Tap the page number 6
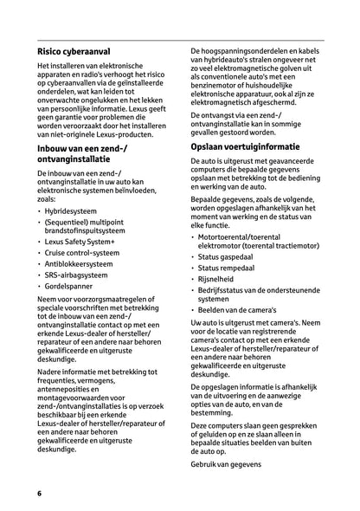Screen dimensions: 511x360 (40, 493)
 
